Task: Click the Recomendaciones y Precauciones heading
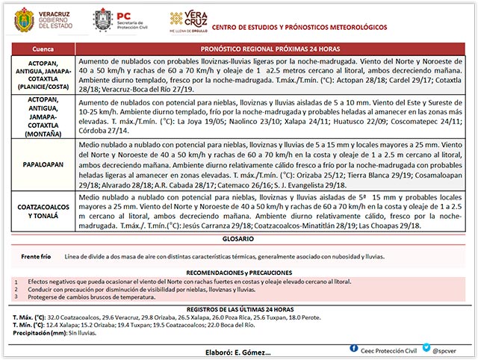click(238, 273)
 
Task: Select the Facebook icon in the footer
click(353, 348)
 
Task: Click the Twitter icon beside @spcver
click(424, 348)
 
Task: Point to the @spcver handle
click(446, 349)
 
